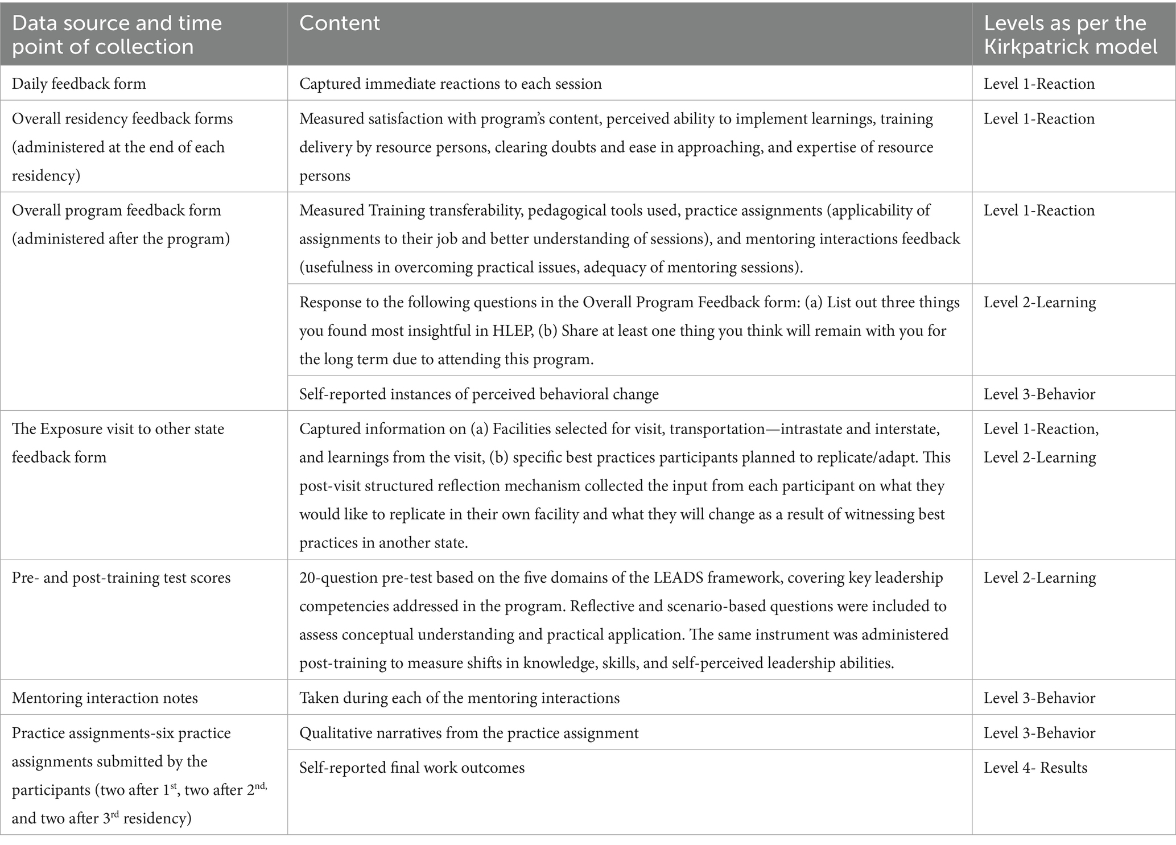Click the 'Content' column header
(340, 23)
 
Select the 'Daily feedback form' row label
(79, 84)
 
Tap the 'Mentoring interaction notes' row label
(105, 698)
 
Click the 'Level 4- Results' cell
(1035, 768)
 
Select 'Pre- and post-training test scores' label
(121, 578)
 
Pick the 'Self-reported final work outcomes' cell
(412, 768)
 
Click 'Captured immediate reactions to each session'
(450, 84)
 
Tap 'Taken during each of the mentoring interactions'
(459, 698)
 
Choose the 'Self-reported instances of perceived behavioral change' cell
(478, 394)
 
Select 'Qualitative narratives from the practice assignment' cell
(469, 732)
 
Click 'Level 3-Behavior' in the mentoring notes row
(1039, 698)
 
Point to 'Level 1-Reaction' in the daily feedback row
(1039, 84)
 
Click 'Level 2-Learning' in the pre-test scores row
(1039, 578)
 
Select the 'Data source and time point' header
(117, 35)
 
